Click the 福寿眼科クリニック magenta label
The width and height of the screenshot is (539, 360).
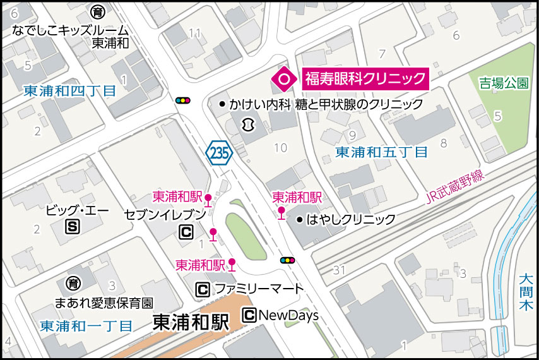coord(365,79)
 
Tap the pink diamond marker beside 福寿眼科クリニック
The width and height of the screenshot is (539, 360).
coord(284,79)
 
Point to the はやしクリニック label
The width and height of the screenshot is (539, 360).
coord(350,219)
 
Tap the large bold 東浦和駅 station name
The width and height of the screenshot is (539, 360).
coord(191,323)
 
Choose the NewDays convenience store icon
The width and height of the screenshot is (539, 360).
coord(249,315)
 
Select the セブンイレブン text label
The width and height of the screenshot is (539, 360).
coord(165,214)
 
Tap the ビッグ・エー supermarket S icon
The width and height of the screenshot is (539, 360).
coord(74,226)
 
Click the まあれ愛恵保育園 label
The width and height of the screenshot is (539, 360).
coord(104,303)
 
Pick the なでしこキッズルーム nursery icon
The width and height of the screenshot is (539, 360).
coord(97,11)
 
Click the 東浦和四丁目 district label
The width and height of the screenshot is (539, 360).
coord(69,91)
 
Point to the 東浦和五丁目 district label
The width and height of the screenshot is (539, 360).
coord(381,152)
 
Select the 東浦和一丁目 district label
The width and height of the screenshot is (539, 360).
coord(86,326)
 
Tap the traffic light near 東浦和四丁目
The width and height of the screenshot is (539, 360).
coord(184,100)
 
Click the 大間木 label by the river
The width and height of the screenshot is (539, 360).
coord(525,291)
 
